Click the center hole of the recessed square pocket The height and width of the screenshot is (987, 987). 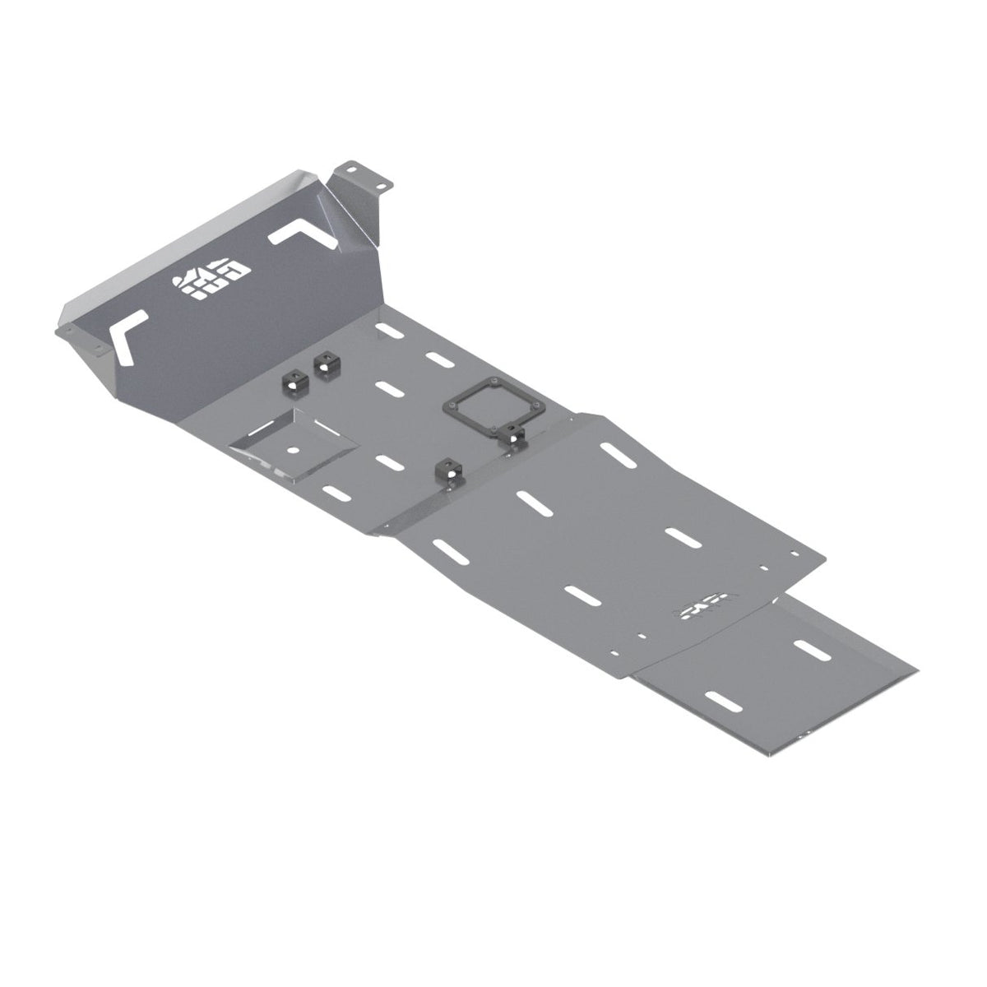point(294,450)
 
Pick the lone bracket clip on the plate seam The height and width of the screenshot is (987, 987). point(450,474)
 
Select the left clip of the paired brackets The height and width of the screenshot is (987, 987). point(292,379)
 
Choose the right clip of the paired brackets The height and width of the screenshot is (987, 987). point(326,364)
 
